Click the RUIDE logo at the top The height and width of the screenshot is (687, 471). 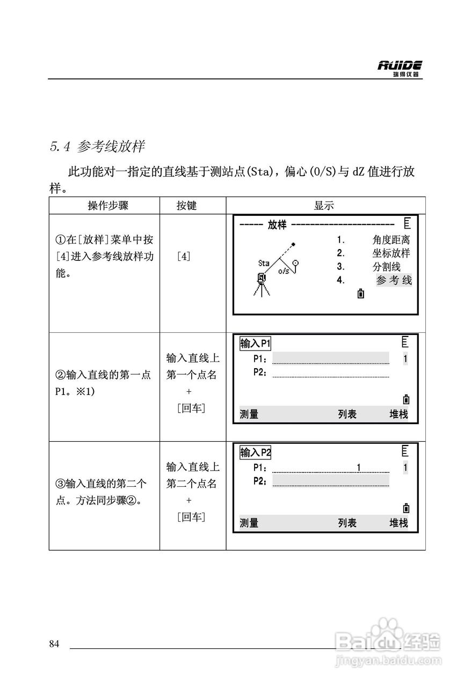point(400,68)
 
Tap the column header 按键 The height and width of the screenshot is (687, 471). point(186,206)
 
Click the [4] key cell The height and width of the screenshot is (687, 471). point(184,257)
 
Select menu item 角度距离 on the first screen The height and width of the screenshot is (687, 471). point(391,240)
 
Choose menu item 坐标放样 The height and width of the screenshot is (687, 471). point(391,253)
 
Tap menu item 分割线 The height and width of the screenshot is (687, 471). point(386,267)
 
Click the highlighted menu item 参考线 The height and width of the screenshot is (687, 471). point(394,280)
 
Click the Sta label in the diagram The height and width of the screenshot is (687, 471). point(264,263)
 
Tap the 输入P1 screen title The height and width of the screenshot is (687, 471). point(256,343)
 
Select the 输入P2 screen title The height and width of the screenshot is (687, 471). point(256,452)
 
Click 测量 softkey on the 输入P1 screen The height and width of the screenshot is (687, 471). point(249,414)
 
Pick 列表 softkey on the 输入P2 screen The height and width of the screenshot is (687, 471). point(347,523)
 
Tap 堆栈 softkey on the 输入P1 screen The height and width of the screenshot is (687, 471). point(398,414)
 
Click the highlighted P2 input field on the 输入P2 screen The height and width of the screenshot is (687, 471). point(330,481)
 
